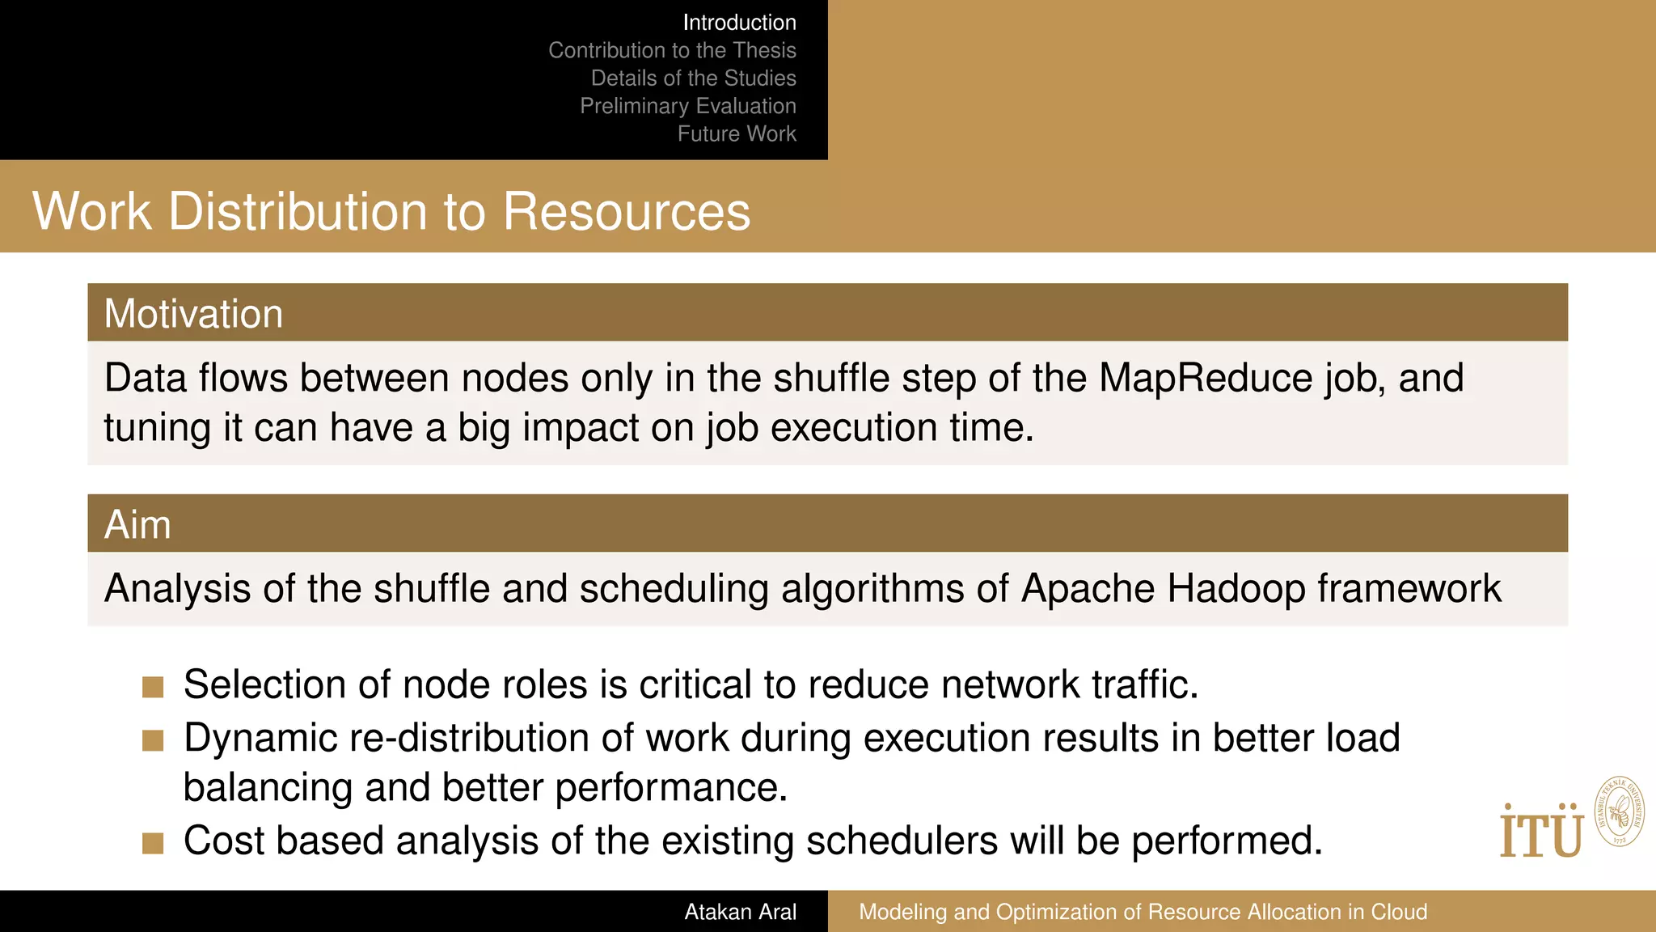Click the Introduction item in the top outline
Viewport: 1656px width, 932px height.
(739, 23)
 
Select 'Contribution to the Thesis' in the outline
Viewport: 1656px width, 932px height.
(672, 50)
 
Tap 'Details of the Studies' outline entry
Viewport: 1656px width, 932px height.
(693, 78)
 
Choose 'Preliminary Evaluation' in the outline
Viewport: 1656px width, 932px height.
(687, 106)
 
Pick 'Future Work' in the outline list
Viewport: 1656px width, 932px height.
(737, 133)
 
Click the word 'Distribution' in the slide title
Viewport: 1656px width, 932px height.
(298, 212)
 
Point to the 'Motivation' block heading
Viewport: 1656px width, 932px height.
(193, 314)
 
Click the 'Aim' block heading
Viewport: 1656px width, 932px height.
(137, 525)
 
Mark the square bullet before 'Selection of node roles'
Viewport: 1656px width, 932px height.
(153, 688)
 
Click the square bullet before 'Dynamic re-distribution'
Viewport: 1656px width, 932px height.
(153, 740)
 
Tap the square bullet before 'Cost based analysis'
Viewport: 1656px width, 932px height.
(153, 844)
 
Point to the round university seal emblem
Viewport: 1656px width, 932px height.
(1619, 811)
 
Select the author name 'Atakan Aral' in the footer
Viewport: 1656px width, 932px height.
(740, 912)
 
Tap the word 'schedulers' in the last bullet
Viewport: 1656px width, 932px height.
(902, 841)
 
